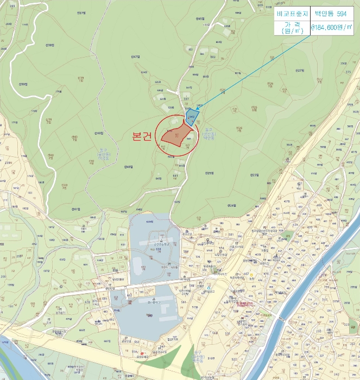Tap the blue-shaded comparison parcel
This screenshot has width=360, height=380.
pos(191,116)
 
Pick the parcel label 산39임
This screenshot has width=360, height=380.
pos(23,84)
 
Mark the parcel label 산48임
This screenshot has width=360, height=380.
pos(128,166)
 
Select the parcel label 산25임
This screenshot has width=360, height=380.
pos(210,173)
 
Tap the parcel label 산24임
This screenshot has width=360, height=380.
pos(232,206)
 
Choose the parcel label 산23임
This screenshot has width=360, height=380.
pos(254,175)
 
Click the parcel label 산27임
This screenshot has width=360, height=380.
pos(299,70)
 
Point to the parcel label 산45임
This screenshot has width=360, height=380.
pos(199,19)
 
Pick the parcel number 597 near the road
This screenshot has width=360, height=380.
pos(189,87)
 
